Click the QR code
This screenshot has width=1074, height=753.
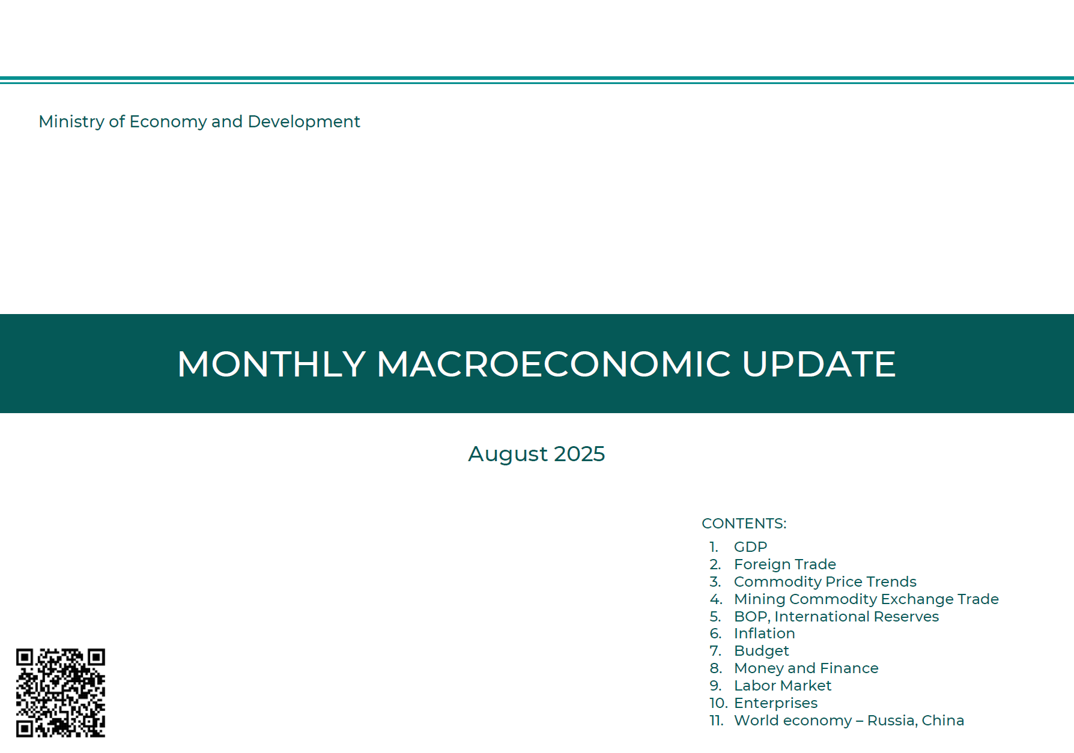(61, 692)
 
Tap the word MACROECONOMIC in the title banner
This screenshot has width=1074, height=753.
(554, 364)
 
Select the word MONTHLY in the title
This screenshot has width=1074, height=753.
(272, 364)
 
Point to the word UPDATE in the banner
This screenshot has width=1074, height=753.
(819, 364)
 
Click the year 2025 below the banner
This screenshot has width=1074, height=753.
(579, 454)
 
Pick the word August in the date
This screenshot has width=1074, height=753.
(508, 455)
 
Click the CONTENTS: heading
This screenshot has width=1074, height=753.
(744, 524)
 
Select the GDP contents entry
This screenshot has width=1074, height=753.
(751, 547)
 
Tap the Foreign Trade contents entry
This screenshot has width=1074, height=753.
(785, 564)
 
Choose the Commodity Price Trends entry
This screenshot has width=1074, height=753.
(825, 582)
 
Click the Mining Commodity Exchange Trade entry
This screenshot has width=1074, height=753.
(866, 599)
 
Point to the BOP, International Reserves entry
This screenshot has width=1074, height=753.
(836, 617)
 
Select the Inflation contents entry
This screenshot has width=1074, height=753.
(765, 634)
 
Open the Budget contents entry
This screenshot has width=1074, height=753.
(762, 652)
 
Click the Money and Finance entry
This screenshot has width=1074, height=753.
(806, 668)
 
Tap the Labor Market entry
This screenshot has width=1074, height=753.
(783, 686)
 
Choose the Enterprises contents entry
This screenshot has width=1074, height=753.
(775, 703)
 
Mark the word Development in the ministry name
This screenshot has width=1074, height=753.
(304, 122)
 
